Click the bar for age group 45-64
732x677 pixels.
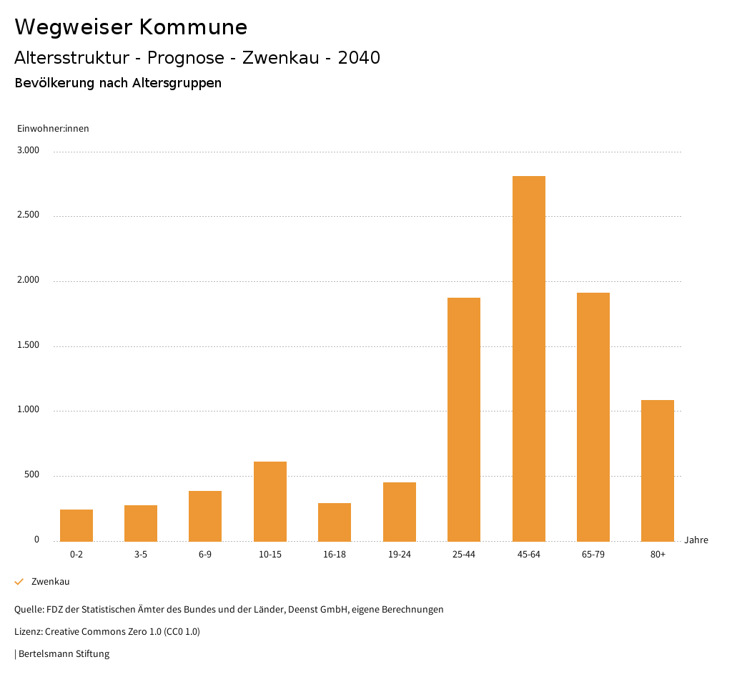(x=528, y=358)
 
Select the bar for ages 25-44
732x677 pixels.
(x=464, y=419)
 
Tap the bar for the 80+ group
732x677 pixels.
(x=658, y=470)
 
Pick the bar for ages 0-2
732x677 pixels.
(x=76, y=525)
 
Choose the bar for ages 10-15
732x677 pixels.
(x=270, y=501)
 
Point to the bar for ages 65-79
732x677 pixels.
(x=593, y=417)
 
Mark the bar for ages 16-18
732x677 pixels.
(x=335, y=522)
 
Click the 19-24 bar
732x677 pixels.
(x=399, y=512)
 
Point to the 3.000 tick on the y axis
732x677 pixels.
(x=29, y=151)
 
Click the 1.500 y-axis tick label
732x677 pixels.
(x=29, y=346)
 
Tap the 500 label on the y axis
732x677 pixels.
(x=31, y=475)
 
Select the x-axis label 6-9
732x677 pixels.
(x=205, y=555)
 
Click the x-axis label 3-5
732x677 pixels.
(x=141, y=555)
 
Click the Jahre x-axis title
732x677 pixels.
(x=696, y=540)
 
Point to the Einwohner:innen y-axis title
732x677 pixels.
(x=53, y=129)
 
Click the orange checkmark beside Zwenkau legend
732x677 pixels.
(x=19, y=582)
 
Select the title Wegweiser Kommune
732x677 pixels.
(x=131, y=27)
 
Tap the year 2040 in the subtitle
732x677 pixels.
(x=358, y=58)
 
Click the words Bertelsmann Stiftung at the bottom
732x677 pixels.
(x=64, y=653)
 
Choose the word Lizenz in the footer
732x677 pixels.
(x=28, y=632)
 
